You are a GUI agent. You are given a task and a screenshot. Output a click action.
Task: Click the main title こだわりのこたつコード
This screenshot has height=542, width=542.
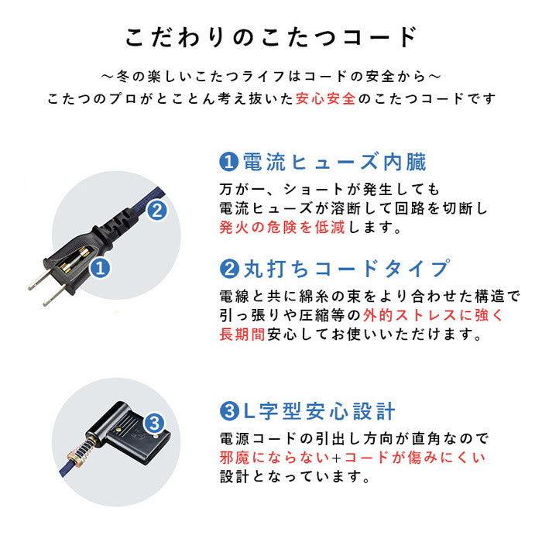coord(271,37)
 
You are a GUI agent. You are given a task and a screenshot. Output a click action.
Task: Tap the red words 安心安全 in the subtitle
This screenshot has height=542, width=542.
coord(326,99)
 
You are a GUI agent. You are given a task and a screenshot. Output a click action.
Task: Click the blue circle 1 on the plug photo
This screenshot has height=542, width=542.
coord(100,269)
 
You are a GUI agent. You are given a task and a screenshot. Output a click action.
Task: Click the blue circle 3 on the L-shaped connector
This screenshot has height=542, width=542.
coord(153,423)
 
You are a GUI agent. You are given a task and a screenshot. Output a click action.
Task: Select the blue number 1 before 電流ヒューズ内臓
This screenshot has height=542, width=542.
coord(228,163)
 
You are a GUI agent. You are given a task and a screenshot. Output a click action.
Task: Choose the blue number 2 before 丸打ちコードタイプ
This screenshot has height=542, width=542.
coord(228,269)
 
